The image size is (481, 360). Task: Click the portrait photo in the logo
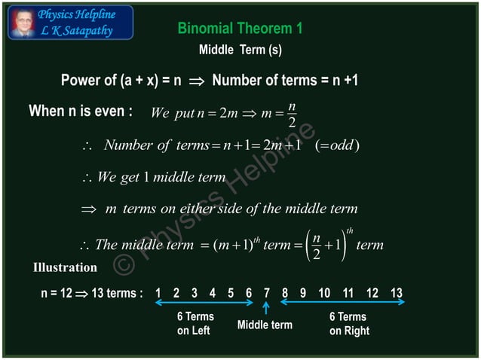coord(23,23)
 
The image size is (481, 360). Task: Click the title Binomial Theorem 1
coord(240,29)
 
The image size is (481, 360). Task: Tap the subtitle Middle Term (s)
coord(240,50)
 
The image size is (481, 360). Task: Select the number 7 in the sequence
coord(267,293)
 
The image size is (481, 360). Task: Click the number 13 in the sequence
coord(397,293)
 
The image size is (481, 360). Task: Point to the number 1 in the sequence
coord(158,293)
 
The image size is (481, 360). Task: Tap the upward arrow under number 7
coord(267,308)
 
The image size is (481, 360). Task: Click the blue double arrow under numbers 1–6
coord(204,303)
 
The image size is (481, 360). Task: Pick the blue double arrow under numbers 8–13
coord(343,303)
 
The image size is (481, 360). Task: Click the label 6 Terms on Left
coord(195,324)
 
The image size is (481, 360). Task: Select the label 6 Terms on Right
coord(349,324)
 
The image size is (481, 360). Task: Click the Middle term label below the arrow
coord(265,325)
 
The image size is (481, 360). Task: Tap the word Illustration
coord(65,267)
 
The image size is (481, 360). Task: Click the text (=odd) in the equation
coord(336,145)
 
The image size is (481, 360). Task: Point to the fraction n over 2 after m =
coord(292,114)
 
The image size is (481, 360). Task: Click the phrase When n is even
coord(81,111)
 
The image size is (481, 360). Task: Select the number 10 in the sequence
coord(324,293)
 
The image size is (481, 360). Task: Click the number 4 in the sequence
coord(212,293)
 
